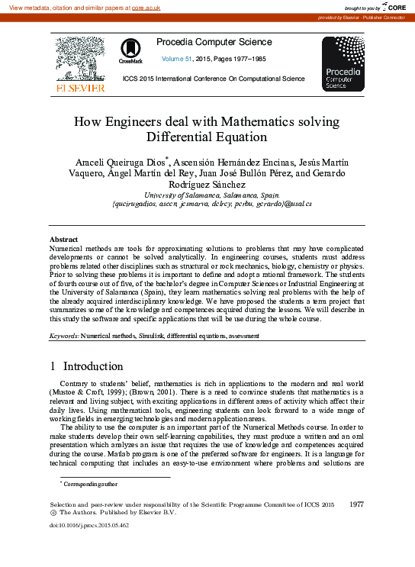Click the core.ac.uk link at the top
(145, 7)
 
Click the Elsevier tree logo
(79, 60)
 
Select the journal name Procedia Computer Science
(214, 41)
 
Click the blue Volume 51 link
(179, 58)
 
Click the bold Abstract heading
(63, 240)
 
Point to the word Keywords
(64, 336)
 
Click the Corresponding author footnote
(85, 484)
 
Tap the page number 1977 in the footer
(356, 505)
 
